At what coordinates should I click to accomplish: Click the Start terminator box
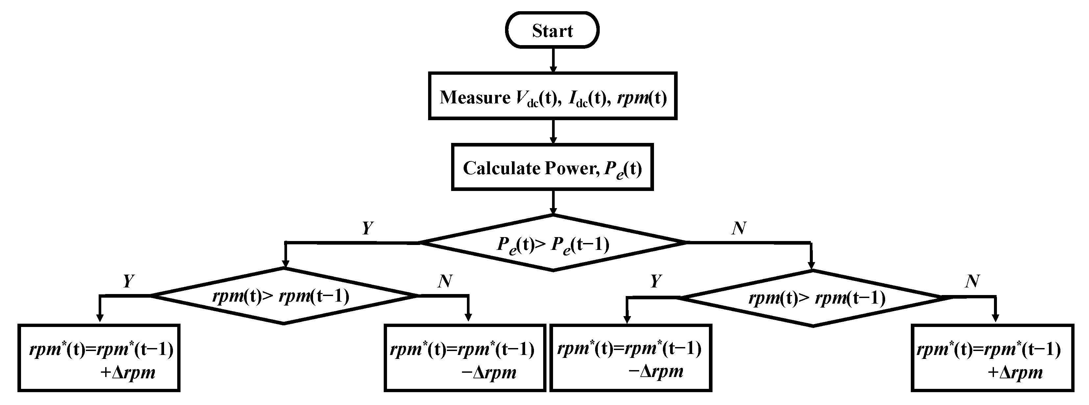click(552, 30)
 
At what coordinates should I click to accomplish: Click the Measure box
click(552, 96)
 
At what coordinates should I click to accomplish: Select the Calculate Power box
click(552, 167)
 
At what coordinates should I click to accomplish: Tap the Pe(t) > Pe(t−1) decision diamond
click(552, 243)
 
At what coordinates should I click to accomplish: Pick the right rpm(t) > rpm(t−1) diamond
click(812, 298)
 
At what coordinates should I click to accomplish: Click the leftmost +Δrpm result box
click(99, 358)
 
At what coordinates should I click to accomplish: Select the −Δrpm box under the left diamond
click(465, 358)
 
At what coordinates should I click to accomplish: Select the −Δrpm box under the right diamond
click(630, 358)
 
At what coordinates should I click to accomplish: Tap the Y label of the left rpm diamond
click(129, 281)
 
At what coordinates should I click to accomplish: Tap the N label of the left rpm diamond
click(445, 281)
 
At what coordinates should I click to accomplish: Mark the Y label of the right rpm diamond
click(655, 281)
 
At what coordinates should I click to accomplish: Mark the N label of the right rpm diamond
click(972, 281)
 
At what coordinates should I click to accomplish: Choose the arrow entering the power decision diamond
click(552, 202)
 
